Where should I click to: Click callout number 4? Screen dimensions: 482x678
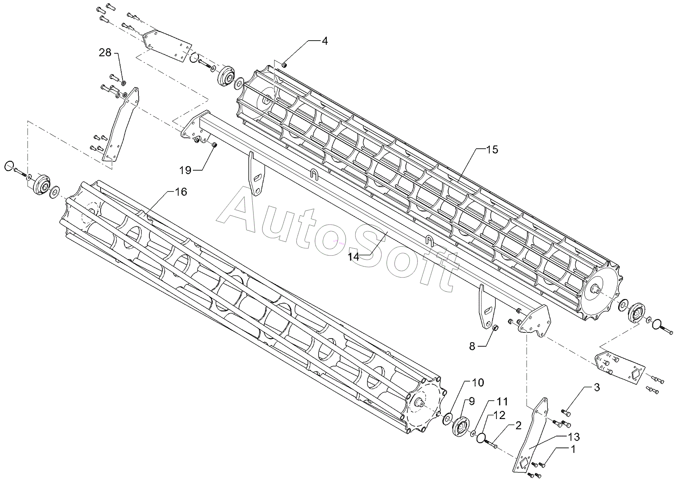pyautogui.click(x=324, y=41)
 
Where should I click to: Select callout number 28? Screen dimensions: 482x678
pyautogui.click(x=105, y=53)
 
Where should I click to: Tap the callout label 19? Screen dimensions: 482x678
pyautogui.click(x=185, y=170)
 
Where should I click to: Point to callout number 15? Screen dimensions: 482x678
pyautogui.click(x=492, y=150)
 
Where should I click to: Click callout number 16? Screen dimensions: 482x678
pyautogui.click(x=181, y=191)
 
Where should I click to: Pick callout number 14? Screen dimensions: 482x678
pyautogui.click(x=354, y=256)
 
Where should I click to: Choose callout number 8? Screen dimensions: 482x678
pyautogui.click(x=472, y=346)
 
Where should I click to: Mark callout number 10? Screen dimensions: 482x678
pyautogui.click(x=478, y=382)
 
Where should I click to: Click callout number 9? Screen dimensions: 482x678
pyautogui.click(x=472, y=401)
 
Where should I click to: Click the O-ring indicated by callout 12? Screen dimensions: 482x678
pyautogui.click(x=482, y=437)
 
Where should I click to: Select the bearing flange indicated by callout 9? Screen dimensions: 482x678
pyautogui.click(x=459, y=428)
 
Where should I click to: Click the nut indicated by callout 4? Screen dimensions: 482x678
pyautogui.click(x=284, y=64)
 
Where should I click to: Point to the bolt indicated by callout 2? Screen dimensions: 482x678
pyautogui.click(x=492, y=444)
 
